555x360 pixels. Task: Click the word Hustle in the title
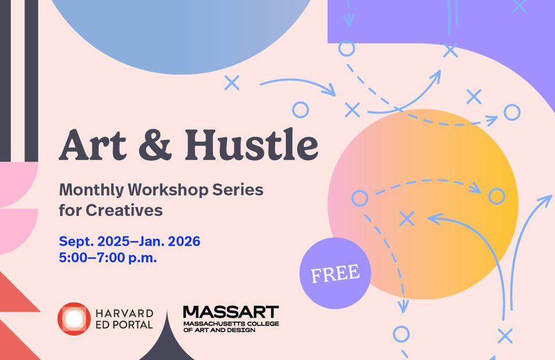[x=251, y=145]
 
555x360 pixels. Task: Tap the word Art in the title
[x=92, y=145]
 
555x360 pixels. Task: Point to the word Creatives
[x=124, y=210]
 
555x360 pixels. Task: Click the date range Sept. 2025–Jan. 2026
[x=129, y=242]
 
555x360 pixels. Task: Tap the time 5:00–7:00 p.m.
[x=108, y=258]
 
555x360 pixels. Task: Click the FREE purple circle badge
[x=335, y=273]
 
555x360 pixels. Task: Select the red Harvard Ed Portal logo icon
[x=74, y=319]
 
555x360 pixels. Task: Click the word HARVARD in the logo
[x=124, y=314]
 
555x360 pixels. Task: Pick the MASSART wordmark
[x=231, y=312]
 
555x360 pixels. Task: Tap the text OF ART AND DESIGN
[x=219, y=330]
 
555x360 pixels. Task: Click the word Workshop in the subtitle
[x=168, y=190]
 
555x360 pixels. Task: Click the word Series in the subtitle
[x=238, y=190]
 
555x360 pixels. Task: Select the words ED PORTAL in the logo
[x=124, y=325]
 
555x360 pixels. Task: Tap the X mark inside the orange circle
[x=407, y=219]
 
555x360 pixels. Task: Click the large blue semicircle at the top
[x=181, y=35]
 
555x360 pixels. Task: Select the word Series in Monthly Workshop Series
[x=238, y=190]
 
